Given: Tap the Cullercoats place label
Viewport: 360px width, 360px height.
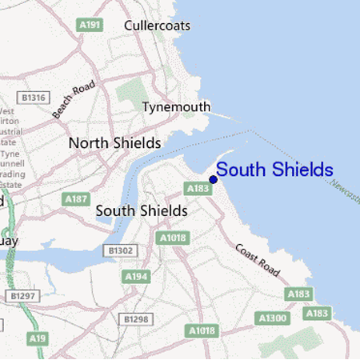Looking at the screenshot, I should click(157, 26).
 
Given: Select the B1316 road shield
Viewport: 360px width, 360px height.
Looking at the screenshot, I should click(34, 98).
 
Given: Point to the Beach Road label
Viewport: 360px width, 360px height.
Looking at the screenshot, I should click(74, 99).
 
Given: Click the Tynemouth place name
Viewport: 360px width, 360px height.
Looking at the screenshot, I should click(176, 107).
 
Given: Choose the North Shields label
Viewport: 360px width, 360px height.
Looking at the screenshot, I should click(115, 143).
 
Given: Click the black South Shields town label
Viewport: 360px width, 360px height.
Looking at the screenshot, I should click(142, 210).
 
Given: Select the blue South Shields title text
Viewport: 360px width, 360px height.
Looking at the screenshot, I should click(274, 170).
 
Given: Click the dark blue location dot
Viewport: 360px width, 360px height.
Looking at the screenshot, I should click(213, 179).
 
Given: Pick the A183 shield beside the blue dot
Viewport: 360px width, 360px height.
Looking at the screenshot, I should click(197, 188).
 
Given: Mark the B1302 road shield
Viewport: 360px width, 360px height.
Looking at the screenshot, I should click(118, 250).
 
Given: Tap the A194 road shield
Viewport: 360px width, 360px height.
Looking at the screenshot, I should click(136, 276).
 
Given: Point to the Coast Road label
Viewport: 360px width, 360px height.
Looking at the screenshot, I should click(258, 260).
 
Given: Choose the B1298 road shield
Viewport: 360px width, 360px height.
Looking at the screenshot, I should click(137, 319).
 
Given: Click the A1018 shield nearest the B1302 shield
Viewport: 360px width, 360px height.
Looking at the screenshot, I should click(172, 238).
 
